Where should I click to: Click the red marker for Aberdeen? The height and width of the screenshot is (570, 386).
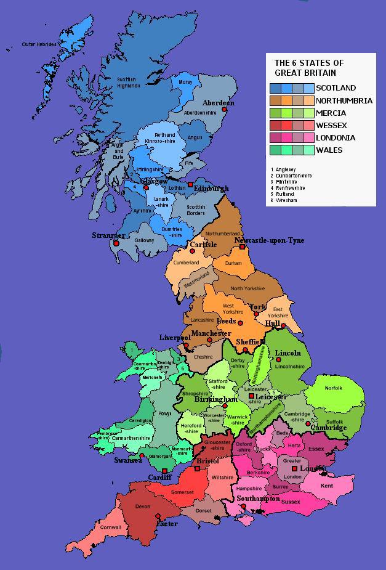[x=225, y=110]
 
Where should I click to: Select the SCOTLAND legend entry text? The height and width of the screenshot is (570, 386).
[x=336, y=88]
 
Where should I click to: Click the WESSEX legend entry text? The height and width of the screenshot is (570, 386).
[x=331, y=125]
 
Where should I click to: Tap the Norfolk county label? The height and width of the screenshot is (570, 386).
[x=334, y=388]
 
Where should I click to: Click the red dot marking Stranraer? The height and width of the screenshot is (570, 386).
[x=115, y=243]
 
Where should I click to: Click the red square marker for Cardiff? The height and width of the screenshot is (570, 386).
[x=164, y=471]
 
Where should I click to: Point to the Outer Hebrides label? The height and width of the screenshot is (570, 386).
[x=39, y=44]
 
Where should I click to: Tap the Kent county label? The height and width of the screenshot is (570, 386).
[x=327, y=486]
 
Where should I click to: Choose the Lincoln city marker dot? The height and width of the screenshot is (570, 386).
[x=278, y=360]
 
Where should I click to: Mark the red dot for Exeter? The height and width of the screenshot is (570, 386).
[x=159, y=516]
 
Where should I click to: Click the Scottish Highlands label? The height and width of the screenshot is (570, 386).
[x=129, y=82]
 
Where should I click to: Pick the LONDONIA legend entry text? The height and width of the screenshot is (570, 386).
[x=336, y=137]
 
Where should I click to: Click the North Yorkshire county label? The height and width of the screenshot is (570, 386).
[x=247, y=288]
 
